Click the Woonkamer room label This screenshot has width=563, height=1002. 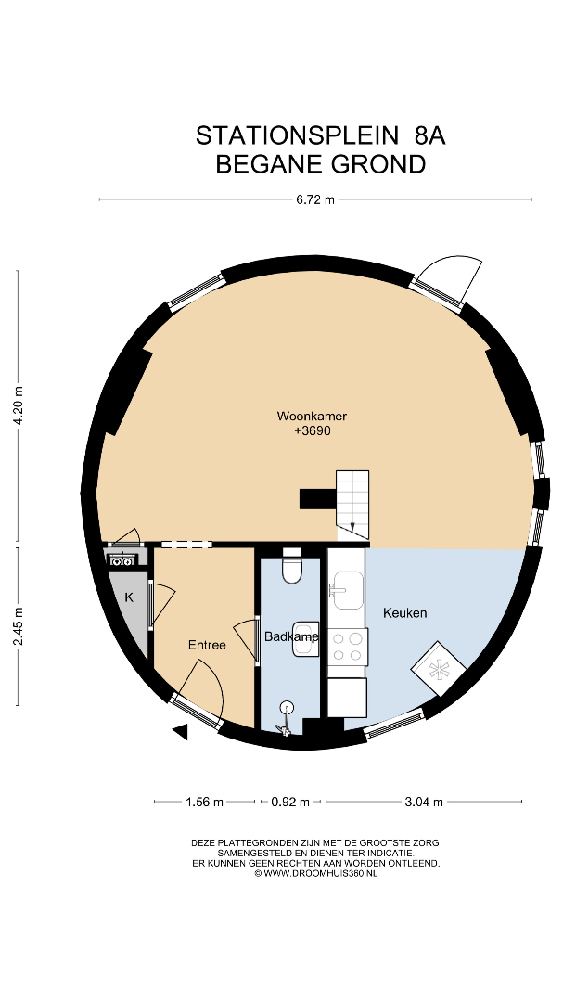coord(312,416)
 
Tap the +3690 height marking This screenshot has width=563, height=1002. coord(312,431)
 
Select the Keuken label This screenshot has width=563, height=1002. coord(404,613)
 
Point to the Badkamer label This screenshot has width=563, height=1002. coord(291,636)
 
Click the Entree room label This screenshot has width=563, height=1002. coord(207,646)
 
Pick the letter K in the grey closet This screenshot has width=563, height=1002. coord(129,597)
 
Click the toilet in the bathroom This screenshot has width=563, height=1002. coord(292,565)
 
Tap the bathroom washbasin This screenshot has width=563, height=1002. coord(305,639)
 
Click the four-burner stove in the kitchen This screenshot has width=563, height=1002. coord(348,646)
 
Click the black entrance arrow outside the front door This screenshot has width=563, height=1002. coord(180,732)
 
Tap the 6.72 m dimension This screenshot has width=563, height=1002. coord(315,199)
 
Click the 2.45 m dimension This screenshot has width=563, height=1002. coord(19,625)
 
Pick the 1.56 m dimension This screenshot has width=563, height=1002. coord(204,802)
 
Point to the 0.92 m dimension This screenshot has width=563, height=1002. coord(290,802)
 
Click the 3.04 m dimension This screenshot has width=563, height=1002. coord(424,802)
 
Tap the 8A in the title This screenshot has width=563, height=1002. coord(430,135)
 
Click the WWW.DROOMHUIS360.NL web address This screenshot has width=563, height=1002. coord(320,873)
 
